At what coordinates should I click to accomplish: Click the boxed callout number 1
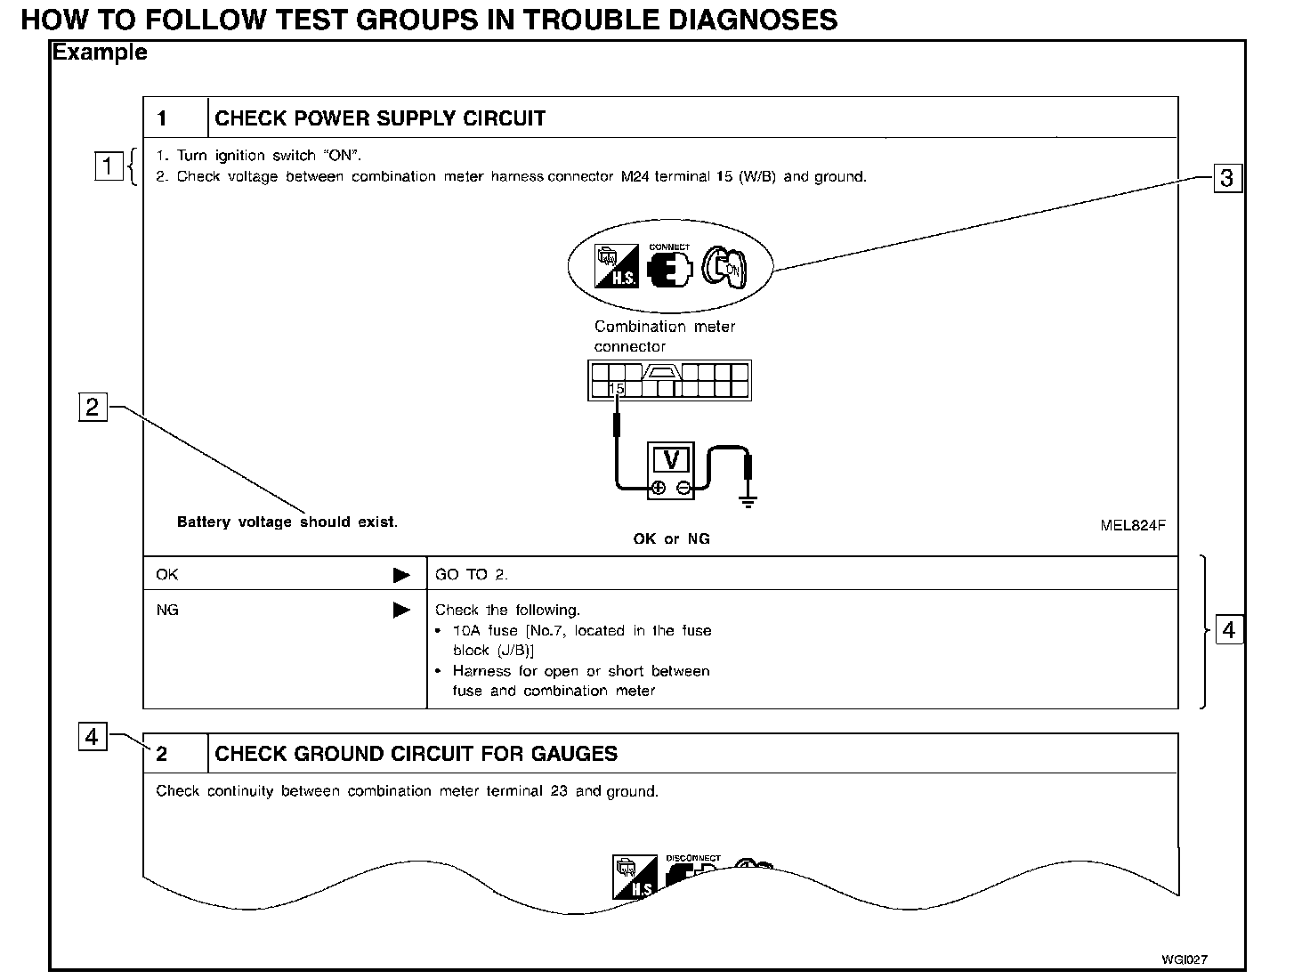point(107,166)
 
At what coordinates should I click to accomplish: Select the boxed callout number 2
point(93,407)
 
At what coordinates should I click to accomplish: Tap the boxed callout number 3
point(1226,178)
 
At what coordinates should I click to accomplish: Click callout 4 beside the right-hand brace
point(1229,630)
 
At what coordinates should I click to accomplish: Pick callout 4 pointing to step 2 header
point(93,737)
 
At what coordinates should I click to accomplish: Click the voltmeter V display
point(672,460)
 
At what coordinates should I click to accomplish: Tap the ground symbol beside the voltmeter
point(748,499)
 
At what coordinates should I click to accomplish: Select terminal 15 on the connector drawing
point(617,389)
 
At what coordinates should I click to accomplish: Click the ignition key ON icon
point(725,266)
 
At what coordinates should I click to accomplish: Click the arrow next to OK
point(401,575)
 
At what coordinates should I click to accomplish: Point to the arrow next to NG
point(401,611)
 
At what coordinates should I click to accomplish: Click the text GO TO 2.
point(471,575)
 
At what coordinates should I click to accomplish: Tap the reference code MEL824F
point(1132,525)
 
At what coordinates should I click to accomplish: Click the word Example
point(100,53)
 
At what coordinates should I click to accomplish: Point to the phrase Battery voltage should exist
point(287,522)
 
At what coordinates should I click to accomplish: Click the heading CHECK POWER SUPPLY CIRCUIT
point(380,118)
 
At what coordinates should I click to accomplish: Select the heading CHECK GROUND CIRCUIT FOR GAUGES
point(416,754)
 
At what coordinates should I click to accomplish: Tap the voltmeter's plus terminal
point(658,488)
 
